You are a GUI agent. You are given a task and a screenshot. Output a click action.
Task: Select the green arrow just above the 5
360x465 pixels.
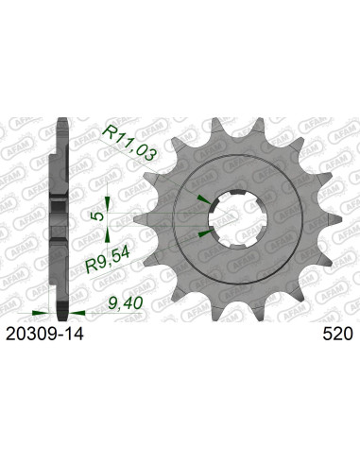[x=110, y=197]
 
